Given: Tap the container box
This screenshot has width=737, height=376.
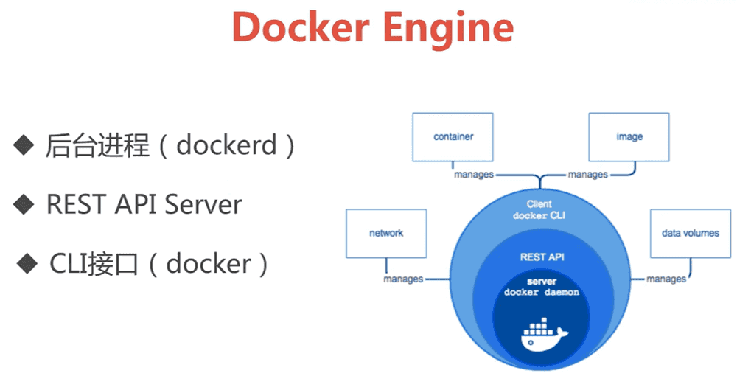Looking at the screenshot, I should click(453, 137).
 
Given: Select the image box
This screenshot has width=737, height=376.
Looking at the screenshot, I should click(629, 137).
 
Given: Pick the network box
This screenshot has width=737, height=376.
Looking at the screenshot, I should click(386, 234).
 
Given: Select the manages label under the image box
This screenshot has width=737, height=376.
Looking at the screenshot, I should click(587, 175).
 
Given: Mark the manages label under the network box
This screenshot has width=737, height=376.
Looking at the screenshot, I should click(403, 279).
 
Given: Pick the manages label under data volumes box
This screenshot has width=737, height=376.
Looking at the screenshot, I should click(666, 279).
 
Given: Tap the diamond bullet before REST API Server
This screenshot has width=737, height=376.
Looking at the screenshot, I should click(24, 203).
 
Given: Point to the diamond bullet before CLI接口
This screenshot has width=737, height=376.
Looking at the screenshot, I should click(29, 262).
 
